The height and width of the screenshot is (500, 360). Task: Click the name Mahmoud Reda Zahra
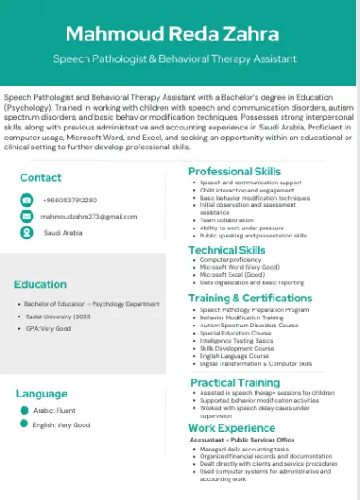click(179, 34)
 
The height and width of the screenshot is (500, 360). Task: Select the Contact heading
click(40, 177)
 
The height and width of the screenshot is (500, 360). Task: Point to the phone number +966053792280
click(70, 200)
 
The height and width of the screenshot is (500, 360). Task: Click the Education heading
click(40, 284)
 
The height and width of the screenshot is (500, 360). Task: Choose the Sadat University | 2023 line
click(58, 317)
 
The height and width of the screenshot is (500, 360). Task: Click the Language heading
click(41, 393)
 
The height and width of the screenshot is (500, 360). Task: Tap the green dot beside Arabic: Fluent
click(24, 410)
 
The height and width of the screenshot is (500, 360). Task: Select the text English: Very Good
click(62, 424)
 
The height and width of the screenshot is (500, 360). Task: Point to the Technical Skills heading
click(226, 250)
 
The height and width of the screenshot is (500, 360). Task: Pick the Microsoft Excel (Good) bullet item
click(233, 274)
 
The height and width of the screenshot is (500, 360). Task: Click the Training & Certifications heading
click(249, 298)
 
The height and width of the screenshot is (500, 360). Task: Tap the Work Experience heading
click(231, 428)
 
